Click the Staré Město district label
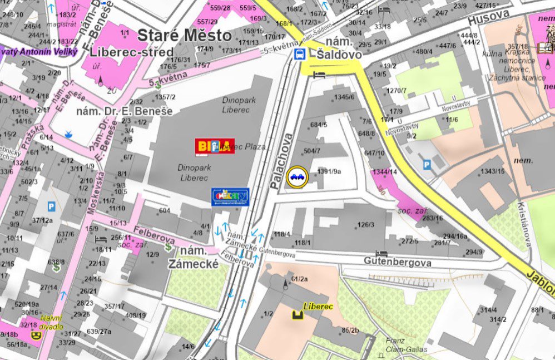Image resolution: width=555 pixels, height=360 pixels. click(x=184, y=36)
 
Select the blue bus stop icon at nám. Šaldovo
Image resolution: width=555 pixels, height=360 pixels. click(x=300, y=54)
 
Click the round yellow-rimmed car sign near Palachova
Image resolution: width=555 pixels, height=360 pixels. click(x=296, y=177)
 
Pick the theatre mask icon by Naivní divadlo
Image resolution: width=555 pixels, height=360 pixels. click(x=37, y=335)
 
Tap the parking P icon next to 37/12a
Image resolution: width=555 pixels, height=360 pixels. click(x=52, y=207)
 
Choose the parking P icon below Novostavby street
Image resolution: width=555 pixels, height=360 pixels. click(x=427, y=165)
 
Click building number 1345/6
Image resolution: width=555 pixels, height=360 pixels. click(x=344, y=97)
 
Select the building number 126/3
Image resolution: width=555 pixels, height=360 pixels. click(x=365, y=225)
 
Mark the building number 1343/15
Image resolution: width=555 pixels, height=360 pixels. click(x=493, y=171)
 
